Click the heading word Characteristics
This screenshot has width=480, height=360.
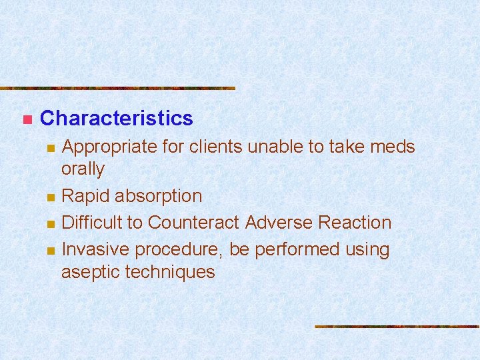click(x=117, y=119)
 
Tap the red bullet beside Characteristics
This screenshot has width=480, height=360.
click(x=26, y=120)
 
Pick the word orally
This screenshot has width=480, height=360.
click(x=83, y=169)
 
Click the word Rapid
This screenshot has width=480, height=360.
click(x=83, y=196)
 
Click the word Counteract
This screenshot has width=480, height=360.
click(x=194, y=223)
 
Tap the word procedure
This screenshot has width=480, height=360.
click(x=177, y=250)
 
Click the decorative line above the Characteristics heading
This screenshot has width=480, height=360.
click(x=117, y=88)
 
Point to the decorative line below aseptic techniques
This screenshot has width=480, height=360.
click(x=397, y=327)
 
